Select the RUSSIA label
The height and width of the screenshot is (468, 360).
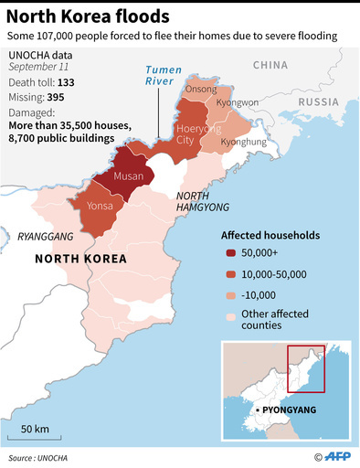point(319,101)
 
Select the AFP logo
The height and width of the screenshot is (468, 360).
point(339,456)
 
